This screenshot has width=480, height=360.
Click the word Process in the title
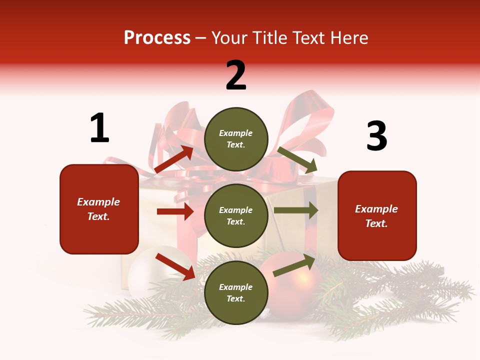pos(157,37)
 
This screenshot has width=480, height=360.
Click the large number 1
pos(99,128)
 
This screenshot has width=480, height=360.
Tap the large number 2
pos(236,75)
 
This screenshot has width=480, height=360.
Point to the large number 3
pos(377,136)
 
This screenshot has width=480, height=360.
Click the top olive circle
pos(236,139)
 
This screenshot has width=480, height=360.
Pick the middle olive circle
pos(236,215)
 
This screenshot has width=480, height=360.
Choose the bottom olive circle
pos(236,292)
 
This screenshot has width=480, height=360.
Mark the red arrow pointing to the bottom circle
pos(175,266)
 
